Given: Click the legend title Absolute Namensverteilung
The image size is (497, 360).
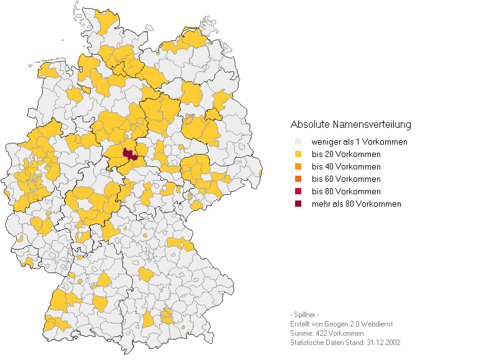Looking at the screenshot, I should [x=350, y=125].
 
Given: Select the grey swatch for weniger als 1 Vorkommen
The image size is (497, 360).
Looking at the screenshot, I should [x=298, y=142].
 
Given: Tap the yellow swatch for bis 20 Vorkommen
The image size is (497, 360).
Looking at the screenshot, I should [x=298, y=155].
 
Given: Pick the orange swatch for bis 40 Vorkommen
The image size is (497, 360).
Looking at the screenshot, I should [x=298, y=167].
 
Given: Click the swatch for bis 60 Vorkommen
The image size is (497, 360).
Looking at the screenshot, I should [x=298, y=179].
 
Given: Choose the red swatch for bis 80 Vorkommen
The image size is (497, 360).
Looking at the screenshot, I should [x=298, y=191].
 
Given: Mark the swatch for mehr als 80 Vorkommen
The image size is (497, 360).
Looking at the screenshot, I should [x=298, y=204].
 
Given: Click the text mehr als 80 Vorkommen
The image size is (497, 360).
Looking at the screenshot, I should [x=356, y=204].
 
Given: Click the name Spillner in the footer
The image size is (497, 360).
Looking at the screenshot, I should [x=305, y=315].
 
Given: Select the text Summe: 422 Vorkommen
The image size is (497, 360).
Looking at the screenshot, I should [x=327, y=333].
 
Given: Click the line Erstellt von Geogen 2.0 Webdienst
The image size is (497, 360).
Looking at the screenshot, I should [x=341, y=324].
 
